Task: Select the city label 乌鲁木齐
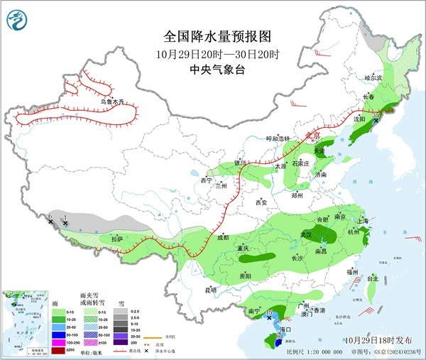click(x=116, y=103)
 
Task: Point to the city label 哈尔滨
click(x=373, y=77)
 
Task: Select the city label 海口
click(x=286, y=330)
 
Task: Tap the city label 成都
click(x=223, y=237)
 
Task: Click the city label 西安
click(x=262, y=203)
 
